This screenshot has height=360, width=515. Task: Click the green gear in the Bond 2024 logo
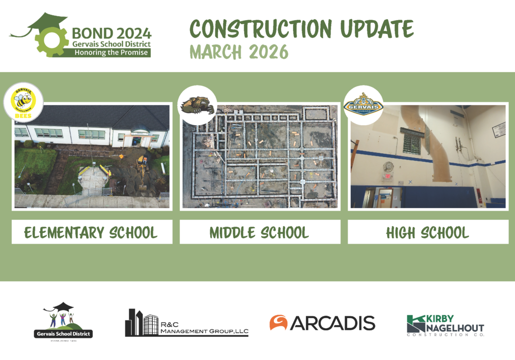[51, 40]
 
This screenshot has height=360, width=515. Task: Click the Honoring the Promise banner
[110, 53]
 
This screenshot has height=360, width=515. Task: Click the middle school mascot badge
[197, 105]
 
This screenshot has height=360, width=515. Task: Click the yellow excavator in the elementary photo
[141, 164]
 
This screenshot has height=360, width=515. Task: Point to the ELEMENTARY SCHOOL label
[92, 232]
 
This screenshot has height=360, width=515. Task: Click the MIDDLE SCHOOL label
[260, 232]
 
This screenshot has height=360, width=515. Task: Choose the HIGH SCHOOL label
[427, 232]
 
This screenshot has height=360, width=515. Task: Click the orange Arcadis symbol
[278, 323]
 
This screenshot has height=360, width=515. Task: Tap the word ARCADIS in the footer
[333, 323]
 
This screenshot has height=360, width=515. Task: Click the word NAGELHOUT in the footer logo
[455, 328]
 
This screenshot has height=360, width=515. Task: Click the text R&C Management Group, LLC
[203, 328]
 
